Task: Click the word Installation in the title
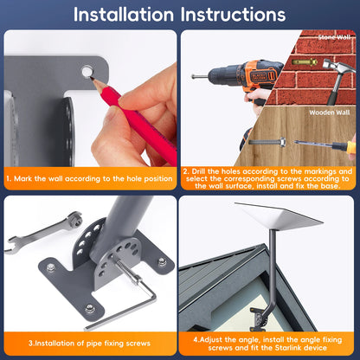pos(124,15)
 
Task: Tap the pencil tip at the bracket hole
pos(91,77)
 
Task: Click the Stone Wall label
pos(334,37)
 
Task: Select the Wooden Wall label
pos(330,112)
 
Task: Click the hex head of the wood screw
pos(282,142)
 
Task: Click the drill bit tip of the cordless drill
pos(193,76)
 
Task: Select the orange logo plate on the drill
pos(260,77)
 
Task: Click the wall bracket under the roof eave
pos(258,318)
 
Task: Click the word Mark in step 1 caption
pos(22,179)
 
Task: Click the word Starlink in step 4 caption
pos(287,348)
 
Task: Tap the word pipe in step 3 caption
pos(93,344)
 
